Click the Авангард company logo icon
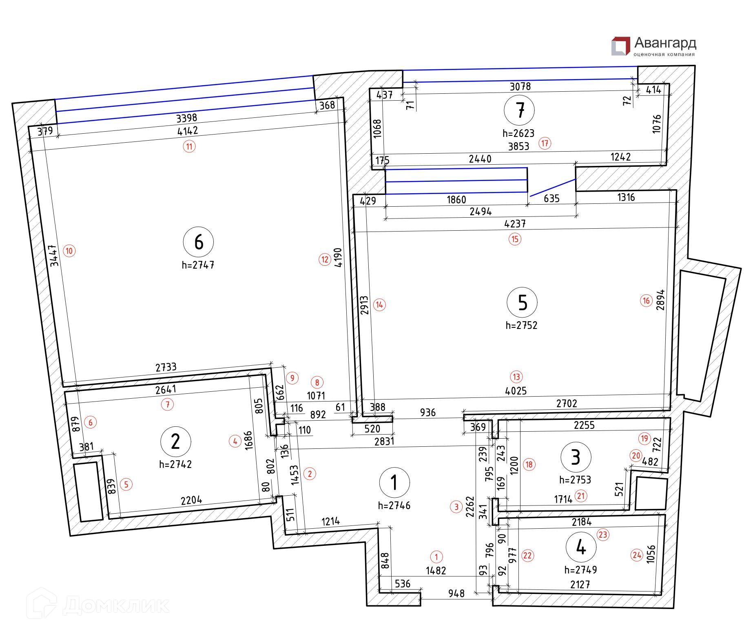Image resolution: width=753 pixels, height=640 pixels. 620,46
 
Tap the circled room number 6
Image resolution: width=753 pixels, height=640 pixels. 199,242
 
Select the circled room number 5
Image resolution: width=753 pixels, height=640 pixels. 522,302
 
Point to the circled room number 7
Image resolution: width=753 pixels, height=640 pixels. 519,110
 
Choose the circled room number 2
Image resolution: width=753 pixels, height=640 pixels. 175,441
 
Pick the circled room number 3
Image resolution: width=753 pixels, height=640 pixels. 576,457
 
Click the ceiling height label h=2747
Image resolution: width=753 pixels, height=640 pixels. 198,265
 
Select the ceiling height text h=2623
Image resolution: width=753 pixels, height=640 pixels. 518,133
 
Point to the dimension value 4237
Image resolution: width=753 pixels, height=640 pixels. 515,223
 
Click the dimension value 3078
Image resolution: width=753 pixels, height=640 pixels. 520,86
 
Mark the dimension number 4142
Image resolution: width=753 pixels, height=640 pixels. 188,131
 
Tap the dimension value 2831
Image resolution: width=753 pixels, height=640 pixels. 384,441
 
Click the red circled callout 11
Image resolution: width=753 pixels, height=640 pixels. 189,146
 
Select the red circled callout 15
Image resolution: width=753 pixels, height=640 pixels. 515,239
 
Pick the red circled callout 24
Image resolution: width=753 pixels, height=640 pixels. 636,555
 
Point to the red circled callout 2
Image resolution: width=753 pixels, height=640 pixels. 310,474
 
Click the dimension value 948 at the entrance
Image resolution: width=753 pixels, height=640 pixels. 456,594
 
